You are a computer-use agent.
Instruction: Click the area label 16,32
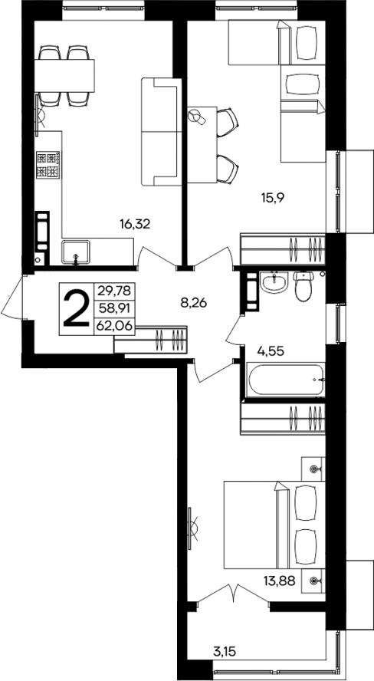pyautogui.click(x=134, y=224)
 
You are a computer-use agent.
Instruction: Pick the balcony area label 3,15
pyautogui.click(x=225, y=653)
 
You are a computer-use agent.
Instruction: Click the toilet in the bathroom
pyautogui.click(x=304, y=287)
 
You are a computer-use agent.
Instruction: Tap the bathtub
pyautogui.click(x=284, y=380)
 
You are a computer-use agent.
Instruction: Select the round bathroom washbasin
pyautogui.click(x=272, y=285)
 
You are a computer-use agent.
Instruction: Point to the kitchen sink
pyautogui.click(x=77, y=251)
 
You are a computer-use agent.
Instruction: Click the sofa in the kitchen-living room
pyautogui.click(x=159, y=132)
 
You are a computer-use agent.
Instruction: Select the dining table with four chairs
pyautogui.click(x=64, y=75)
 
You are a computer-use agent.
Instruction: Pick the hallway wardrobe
pyautogui.click(x=151, y=338)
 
